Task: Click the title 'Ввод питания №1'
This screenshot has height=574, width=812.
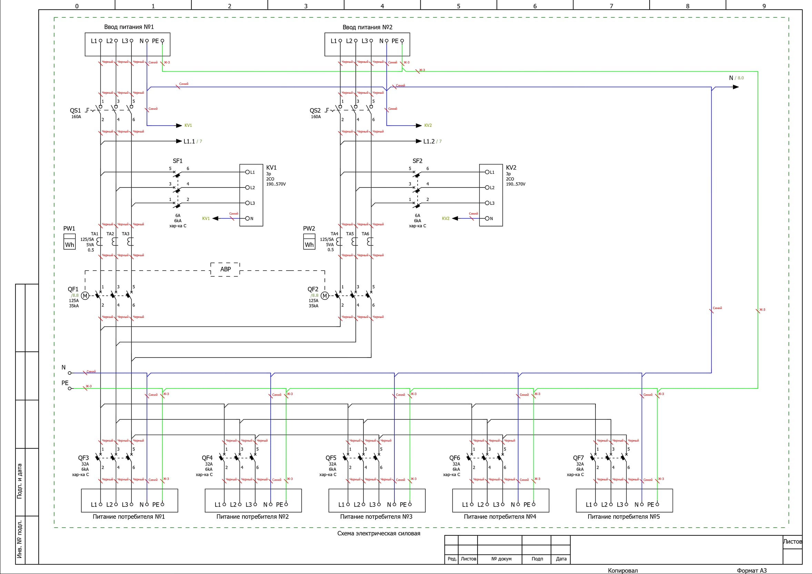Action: coord(129,27)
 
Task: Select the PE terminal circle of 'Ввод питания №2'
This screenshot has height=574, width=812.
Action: coord(402,41)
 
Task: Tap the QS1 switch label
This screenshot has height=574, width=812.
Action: coord(75,110)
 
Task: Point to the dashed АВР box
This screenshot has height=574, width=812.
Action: coord(225,269)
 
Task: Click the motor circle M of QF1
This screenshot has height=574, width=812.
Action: coord(85,296)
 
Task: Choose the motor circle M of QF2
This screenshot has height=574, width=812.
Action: coord(325,296)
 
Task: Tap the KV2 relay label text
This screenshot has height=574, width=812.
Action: coord(511,168)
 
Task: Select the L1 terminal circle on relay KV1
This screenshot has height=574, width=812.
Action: coord(248,172)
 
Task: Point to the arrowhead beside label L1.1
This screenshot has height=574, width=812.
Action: coord(179,141)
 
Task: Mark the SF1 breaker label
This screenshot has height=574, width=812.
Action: coord(178,161)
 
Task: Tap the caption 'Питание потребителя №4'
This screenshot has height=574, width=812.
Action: coord(500,517)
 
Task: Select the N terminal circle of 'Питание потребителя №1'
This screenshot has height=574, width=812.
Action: coord(147,504)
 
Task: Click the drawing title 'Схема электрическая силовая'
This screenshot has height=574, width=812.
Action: coord(378,533)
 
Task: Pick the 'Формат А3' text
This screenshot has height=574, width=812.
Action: coord(752,571)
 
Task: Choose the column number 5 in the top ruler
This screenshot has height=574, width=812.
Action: coord(458,6)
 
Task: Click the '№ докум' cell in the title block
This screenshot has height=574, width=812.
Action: coord(501,559)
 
